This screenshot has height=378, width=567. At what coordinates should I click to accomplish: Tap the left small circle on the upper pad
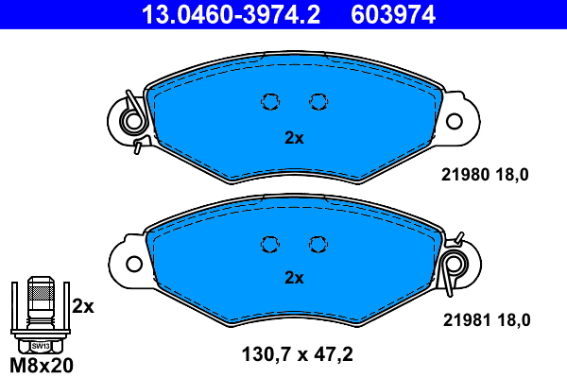tap(270, 101)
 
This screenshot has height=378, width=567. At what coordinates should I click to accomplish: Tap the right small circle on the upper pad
tap(318, 101)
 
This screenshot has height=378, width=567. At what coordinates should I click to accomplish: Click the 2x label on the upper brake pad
tap(294, 138)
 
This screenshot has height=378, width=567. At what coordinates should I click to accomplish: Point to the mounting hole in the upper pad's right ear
tap(456, 121)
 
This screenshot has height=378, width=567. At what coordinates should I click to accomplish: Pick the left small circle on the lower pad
tap(270, 243)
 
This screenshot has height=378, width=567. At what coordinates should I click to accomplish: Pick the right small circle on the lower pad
tap(318, 243)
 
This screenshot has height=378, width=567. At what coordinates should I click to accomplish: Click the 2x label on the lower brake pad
tap(294, 278)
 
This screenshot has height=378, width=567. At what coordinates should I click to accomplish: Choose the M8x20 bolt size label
tap(40, 365)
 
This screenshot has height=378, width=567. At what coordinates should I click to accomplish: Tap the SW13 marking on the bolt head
tap(39, 347)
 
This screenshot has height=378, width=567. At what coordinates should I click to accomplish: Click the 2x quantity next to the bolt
tap(83, 306)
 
